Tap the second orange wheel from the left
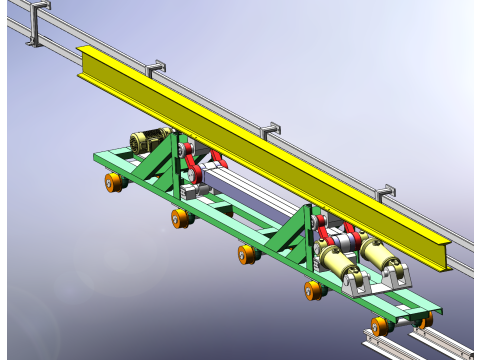pyautogui.click(x=180, y=217)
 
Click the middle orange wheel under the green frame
pyautogui.click(x=246, y=254)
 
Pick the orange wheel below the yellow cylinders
pyautogui.click(x=314, y=290)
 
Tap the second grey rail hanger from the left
pyautogui.click(x=156, y=69)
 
